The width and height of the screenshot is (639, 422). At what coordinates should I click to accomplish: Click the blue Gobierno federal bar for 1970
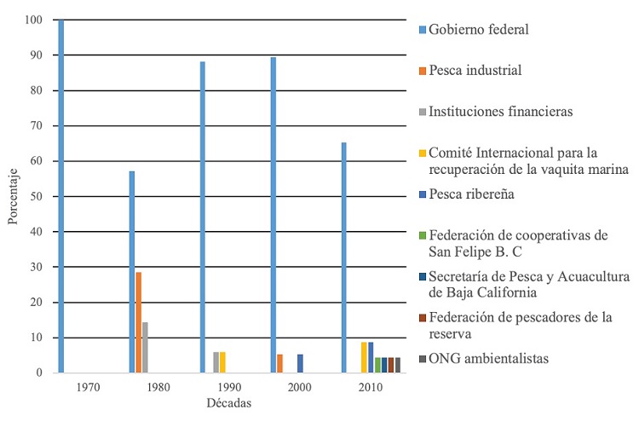coord(60,196)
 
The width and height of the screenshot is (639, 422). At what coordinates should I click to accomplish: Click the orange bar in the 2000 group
coord(279,363)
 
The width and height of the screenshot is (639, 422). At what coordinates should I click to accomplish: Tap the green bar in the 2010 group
coord(377,365)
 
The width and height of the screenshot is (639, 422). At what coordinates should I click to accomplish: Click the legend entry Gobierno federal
coord(479,30)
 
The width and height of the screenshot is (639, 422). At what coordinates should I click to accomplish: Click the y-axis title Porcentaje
coord(12,197)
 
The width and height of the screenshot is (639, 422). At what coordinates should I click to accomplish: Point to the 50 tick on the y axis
coord(35,196)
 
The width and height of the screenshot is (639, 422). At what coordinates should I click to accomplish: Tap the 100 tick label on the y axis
coord(32,20)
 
